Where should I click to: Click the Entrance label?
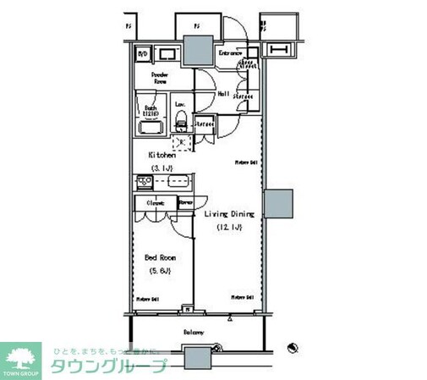click(x=231, y=53)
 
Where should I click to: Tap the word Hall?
click(x=225, y=96)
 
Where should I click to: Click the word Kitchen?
click(x=162, y=156)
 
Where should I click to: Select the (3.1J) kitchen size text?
click(x=162, y=168)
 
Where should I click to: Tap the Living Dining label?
click(x=230, y=215)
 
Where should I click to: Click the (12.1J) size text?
click(x=230, y=228)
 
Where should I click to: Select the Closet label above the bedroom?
click(x=154, y=203)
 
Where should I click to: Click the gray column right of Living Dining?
click(x=279, y=205)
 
